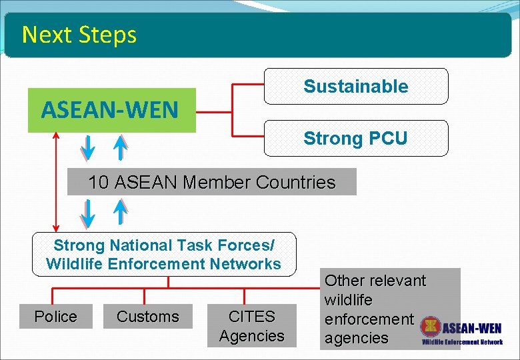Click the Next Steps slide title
coord(79,35)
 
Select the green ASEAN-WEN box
coord(111,110)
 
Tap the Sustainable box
coord(356,86)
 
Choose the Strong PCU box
coord(356,138)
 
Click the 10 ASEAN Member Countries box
coord(212,181)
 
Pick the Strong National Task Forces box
coord(164,254)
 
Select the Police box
coord(55,316)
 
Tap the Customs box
coord(147,316)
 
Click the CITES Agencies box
coord(251,325)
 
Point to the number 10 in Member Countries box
coord(98,182)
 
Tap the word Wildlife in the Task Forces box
coord(75,264)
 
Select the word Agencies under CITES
coord(251,335)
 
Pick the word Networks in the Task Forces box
coord(247,264)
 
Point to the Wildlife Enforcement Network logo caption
coord(462,342)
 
